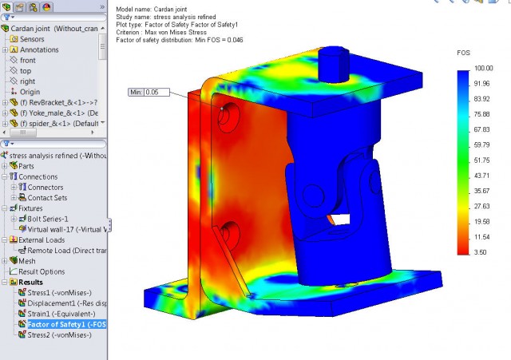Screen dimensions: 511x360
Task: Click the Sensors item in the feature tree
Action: click(32, 39)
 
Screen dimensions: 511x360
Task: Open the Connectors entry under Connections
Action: click(46, 188)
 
